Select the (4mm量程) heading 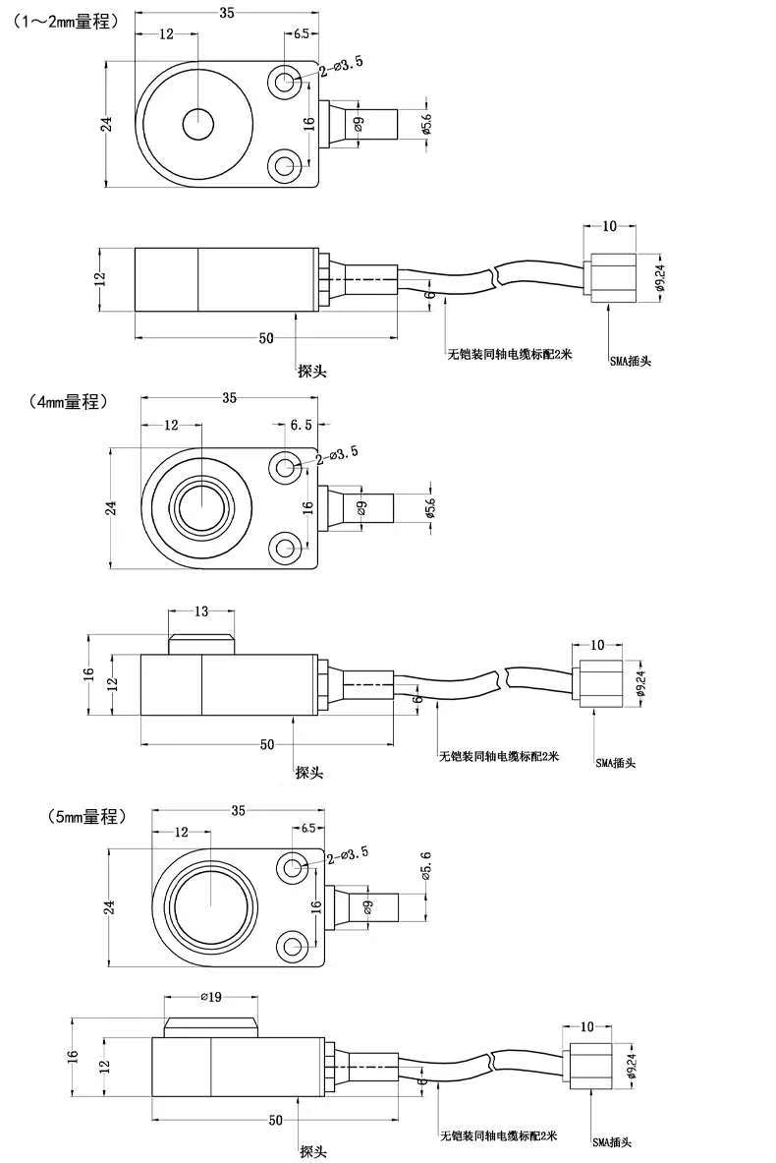click(69, 402)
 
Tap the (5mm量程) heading click(86, 817)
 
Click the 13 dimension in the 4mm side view click(200, 611)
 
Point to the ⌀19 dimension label click(211, 996)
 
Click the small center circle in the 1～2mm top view click(197, 123)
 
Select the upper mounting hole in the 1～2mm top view click(285, 81)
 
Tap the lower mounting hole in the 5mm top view click(292, 946)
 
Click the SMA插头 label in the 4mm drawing click(615, 762)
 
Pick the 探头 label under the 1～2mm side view click(312, 371)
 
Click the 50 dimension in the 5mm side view click(276, 1120)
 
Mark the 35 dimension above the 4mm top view click(229, 398)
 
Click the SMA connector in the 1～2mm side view click(610, 278)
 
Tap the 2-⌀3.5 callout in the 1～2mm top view click(341, 67)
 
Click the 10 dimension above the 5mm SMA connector click(587, 1027)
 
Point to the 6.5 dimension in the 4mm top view click(301, 425)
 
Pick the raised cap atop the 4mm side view click(200, 642)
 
